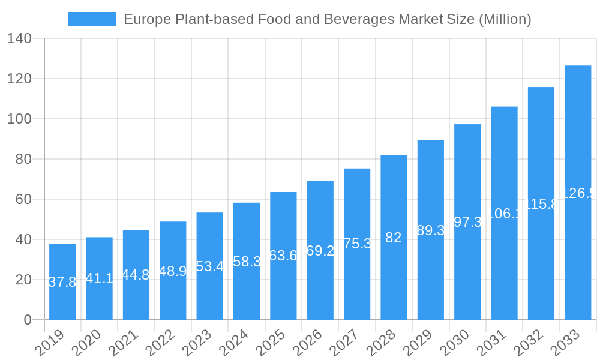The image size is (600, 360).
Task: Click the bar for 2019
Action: pos(62,281)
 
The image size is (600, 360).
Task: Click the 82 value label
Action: pos(393,238)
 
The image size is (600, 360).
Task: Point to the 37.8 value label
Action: pos(62,282)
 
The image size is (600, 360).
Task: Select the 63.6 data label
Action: pos(283,256)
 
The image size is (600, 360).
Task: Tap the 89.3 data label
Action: pos(430,230)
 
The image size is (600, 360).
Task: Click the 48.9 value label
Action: pos(173,271)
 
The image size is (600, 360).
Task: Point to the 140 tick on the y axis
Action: pos(19,38)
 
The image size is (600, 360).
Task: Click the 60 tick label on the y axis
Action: pos(23,199)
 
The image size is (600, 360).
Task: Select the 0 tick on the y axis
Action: pos(28,320)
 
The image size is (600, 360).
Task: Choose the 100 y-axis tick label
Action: pos(19,119)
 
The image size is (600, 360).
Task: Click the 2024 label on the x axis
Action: pos(233,343)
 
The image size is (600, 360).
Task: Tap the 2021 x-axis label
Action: pos(122,343)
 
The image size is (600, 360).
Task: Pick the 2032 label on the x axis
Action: pos(527,343)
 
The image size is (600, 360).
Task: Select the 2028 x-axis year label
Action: pos(380,343)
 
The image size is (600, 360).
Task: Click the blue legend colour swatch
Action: pos(92,19)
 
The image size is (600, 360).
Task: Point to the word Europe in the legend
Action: pos(148,19)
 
